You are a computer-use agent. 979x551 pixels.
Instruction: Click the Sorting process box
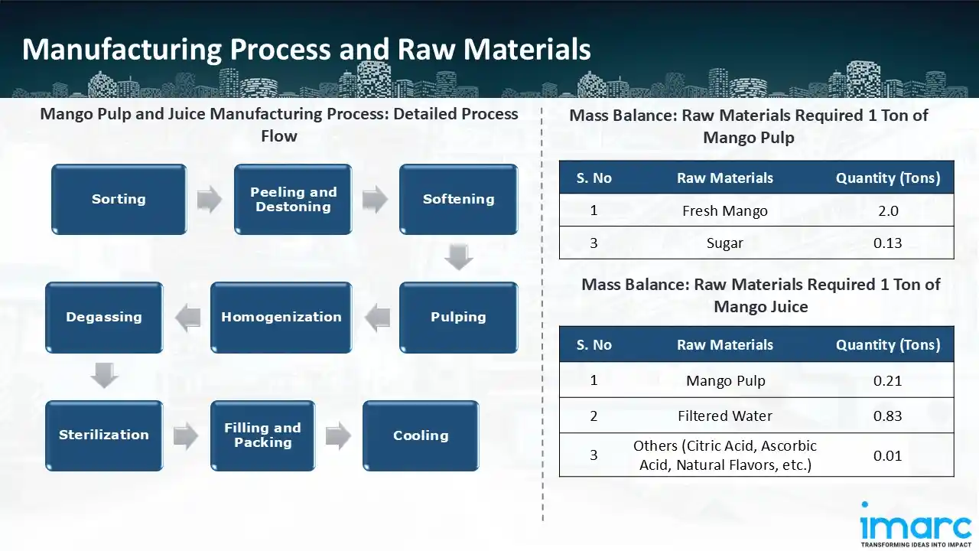coord(119,199)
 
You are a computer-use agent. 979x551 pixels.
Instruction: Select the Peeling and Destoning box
coord(293,199)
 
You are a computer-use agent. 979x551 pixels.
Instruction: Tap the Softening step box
coord(458,199)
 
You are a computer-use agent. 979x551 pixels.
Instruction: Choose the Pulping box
coord(458,317)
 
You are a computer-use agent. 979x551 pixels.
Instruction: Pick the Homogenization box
coord(281,317)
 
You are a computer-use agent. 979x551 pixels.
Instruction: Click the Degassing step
coord(104,317)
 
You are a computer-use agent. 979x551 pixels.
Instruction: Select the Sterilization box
coord(104,435)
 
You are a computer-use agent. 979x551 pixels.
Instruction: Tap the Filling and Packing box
coord(262,435)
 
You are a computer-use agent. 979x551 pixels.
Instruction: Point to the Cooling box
coord(421,435)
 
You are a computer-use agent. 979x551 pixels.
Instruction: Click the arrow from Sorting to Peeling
coord(210,200)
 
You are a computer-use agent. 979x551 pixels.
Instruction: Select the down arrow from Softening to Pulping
coord(458,257)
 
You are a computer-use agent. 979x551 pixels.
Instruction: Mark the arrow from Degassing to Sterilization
coord(104,376)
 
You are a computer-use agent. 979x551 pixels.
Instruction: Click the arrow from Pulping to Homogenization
coord(376,318)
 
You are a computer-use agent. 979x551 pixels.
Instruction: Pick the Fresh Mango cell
coord(724,210)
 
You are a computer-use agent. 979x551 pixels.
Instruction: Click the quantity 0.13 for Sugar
coord(887,243)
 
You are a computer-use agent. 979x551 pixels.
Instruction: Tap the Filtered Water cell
coord(724,416)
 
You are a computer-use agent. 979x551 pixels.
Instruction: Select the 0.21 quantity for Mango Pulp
coord(887,380)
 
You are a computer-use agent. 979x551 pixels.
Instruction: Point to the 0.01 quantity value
coord(887,455)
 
